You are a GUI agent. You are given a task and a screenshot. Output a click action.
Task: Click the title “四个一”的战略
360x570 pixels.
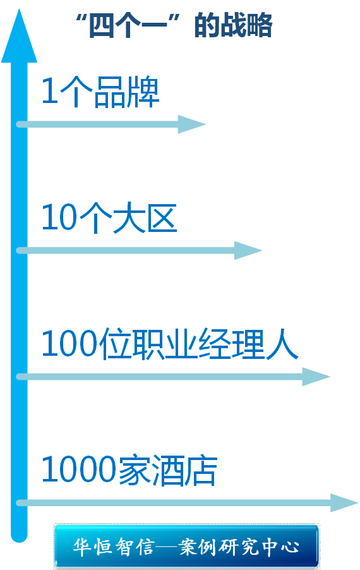(x=174, y=25)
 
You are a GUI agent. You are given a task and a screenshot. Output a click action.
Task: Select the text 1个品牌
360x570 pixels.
(x=100, y=92)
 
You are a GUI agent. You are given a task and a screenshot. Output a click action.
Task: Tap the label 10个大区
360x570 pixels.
(x=109, y=218)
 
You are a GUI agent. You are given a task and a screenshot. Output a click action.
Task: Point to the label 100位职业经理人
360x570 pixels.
(x=170, y=344)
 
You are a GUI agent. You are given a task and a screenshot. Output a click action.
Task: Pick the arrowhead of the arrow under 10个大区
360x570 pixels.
(x=248, y=250)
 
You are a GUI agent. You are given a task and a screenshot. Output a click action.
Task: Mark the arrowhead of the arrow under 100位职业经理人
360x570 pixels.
(x=316, y=377)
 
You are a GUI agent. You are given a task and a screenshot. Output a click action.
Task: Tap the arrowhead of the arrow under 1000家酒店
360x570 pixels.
(x=344, y=503)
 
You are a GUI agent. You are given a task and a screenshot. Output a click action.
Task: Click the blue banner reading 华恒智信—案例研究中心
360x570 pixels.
(x=186, y=547)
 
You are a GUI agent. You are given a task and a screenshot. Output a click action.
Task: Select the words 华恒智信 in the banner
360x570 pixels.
(x=113, y=547)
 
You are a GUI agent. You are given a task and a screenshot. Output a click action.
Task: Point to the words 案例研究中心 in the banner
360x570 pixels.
(x=239, y=547)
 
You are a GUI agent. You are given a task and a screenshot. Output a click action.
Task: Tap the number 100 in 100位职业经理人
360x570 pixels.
(x=69, y=344)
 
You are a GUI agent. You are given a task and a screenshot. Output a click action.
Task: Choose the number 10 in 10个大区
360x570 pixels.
(x=59, y=218)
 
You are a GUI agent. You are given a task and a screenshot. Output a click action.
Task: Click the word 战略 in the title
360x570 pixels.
(x=251, y=25)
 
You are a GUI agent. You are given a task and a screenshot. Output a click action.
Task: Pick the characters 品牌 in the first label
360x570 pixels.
(x=127, y=92)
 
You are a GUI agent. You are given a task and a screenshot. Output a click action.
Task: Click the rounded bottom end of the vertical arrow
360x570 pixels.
(x=19, y=537)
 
